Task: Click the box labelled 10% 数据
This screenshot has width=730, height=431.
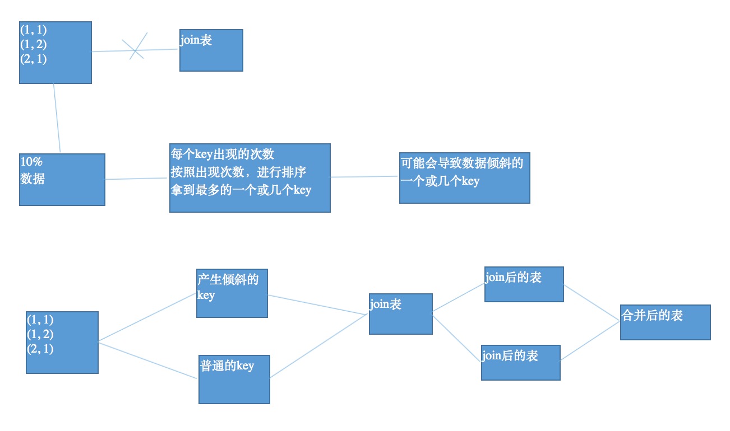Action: (x=62, y=180)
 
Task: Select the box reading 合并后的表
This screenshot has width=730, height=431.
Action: (x=665, y=322)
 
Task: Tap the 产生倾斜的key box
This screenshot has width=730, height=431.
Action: (x=232, y=293)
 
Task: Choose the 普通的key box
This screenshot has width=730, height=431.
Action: (x=234, y=379)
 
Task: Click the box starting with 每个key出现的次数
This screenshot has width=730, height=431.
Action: (x=250, y=178)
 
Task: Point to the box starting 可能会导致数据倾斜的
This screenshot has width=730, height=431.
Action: (x=464, y=178)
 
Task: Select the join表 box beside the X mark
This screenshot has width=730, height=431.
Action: (x=211, y=50)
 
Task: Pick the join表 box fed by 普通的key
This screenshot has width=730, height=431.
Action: (x=400, y=314)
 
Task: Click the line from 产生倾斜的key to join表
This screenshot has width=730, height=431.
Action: (x=318, y=304)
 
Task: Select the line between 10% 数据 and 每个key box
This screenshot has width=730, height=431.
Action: (x=137, y=179)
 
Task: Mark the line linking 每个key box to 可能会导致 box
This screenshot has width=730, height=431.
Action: (x=364, y=177)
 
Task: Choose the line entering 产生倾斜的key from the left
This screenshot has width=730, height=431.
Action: (x=147, y=317)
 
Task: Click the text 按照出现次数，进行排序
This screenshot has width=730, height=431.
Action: (x=238, y=171)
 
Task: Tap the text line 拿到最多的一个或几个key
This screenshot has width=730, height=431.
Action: (x=241, y=190)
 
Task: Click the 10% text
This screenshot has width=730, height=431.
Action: (x=31, y=162)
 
